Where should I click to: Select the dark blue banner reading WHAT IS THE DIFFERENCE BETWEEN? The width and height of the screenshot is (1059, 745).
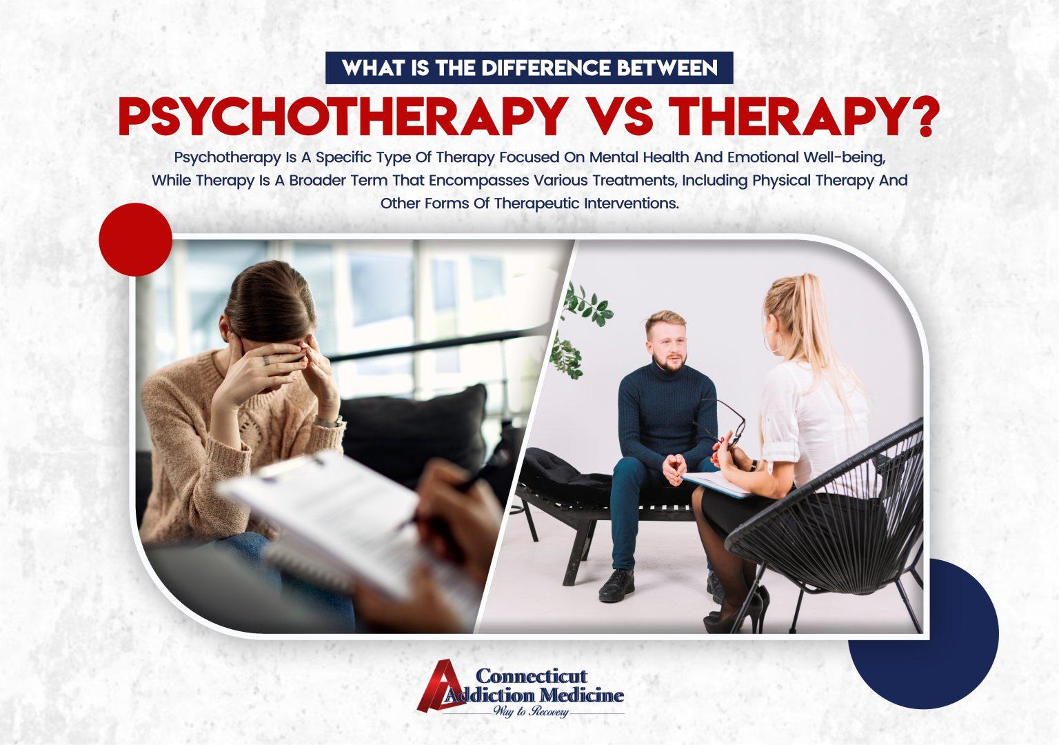(x=530, y=68)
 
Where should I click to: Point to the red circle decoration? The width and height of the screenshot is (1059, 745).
(x=135, y=239)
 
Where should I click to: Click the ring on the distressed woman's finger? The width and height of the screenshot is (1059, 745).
(x=266, y=359)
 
